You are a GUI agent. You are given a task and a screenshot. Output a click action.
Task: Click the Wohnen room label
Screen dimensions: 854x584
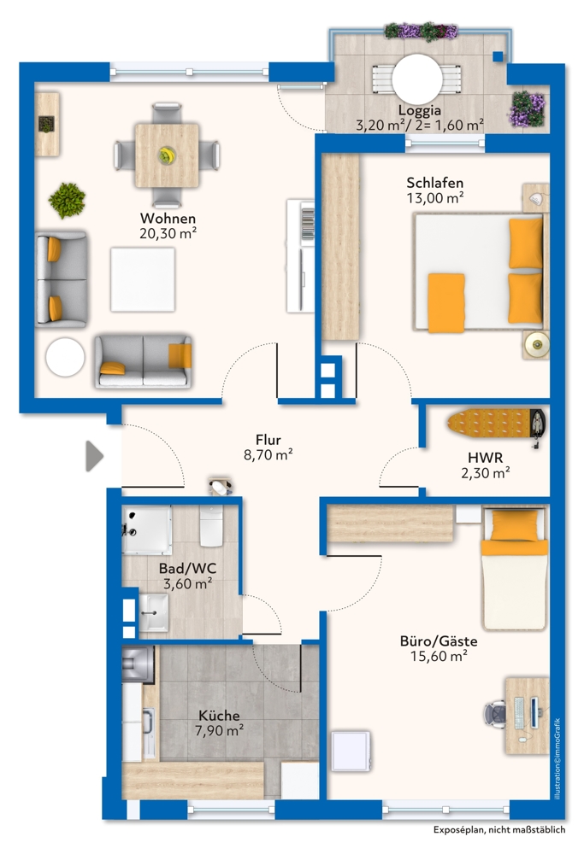point(168,217)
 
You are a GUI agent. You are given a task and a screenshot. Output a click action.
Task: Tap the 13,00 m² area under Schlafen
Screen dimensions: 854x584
point(435,197)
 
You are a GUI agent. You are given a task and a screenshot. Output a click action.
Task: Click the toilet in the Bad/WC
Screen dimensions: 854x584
point(209,525)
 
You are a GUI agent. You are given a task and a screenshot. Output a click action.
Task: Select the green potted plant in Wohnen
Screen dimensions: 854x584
point(68,200)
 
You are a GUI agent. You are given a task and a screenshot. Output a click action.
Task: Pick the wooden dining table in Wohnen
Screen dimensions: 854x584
point(167,155)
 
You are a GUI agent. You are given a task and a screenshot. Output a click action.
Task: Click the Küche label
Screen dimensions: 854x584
point(220,715)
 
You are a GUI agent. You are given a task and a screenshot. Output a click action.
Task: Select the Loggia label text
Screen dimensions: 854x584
point(419,110)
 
